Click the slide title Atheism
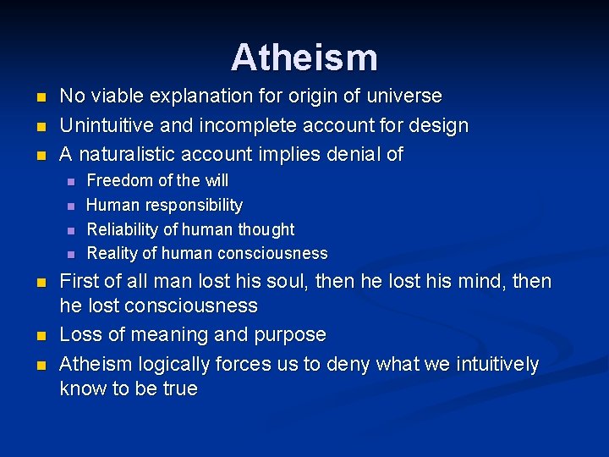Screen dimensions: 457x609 [304, 58]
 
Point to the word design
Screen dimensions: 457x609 [436, 126]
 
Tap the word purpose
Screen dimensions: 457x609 [293, 335]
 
